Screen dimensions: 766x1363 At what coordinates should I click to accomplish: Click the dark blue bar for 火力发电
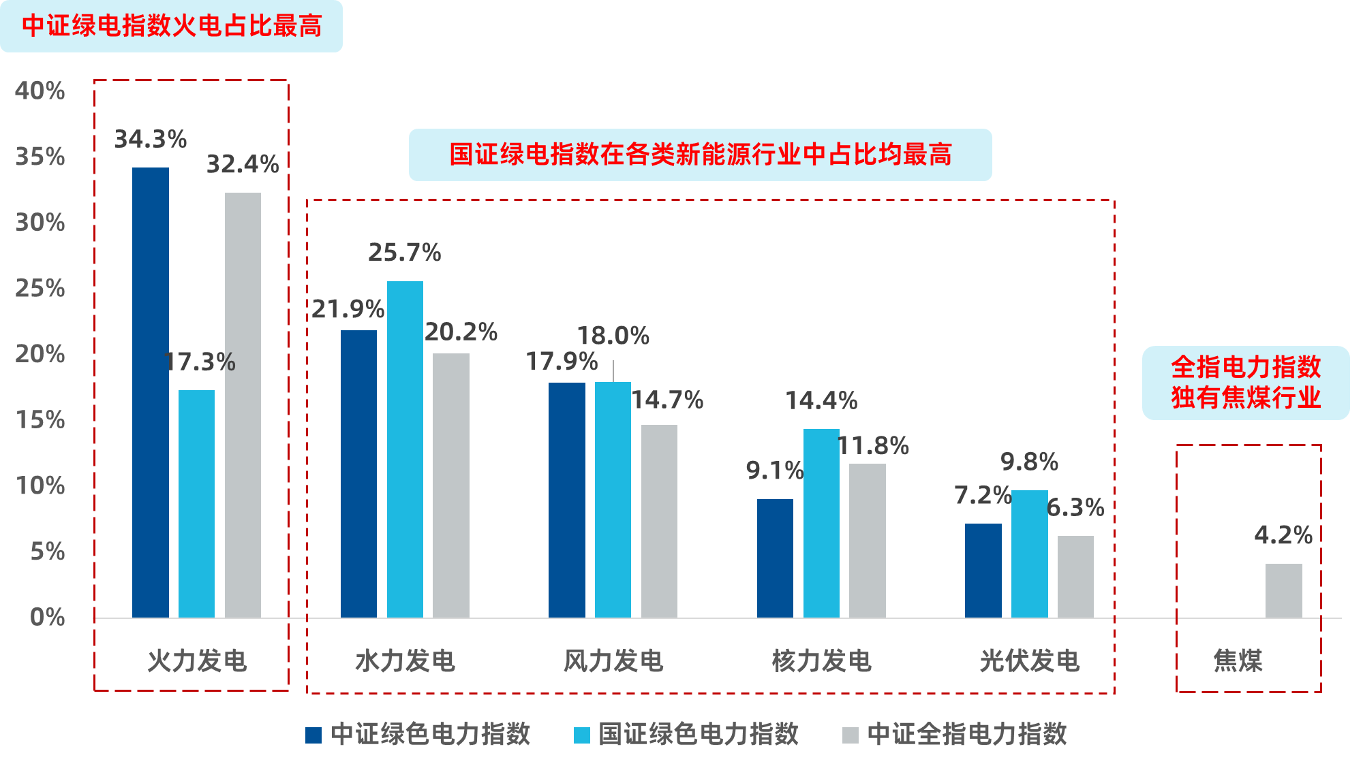[151, 392]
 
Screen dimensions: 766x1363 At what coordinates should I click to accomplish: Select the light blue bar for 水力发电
[405, 449]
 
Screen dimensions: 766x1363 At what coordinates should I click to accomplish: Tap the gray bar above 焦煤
[1283, 590]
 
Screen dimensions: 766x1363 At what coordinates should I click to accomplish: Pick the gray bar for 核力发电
[867, 541]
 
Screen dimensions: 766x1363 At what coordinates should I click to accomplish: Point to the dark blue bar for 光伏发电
[983, 571]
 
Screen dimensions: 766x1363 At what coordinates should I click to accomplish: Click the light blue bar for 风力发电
[613, 500]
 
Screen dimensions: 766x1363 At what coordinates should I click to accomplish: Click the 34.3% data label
[150, 140]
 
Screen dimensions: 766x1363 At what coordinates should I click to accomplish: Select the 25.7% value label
[405, 253]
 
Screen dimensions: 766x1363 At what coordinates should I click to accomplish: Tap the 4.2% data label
[1283, 535]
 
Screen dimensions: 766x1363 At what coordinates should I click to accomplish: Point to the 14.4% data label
[821, 400]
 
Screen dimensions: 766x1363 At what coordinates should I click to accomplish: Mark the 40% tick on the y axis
[40, 91]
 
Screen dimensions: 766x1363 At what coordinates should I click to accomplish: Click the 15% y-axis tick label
[40, 420]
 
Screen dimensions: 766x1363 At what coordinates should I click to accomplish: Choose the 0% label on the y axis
[47, 618]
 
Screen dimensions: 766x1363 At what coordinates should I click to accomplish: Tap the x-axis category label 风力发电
[613, 661]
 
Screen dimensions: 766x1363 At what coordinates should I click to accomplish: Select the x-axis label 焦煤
[1238, 661]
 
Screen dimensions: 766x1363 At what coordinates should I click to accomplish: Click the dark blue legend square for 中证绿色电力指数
[313, 735]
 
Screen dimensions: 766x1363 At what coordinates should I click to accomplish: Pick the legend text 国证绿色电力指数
[698, 734]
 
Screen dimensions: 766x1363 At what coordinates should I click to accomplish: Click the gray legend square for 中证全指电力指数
[850, 735]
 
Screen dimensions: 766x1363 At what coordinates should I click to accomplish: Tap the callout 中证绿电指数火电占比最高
[171, 26]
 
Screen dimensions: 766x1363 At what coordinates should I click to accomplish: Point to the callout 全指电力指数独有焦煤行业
[1246, 383]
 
